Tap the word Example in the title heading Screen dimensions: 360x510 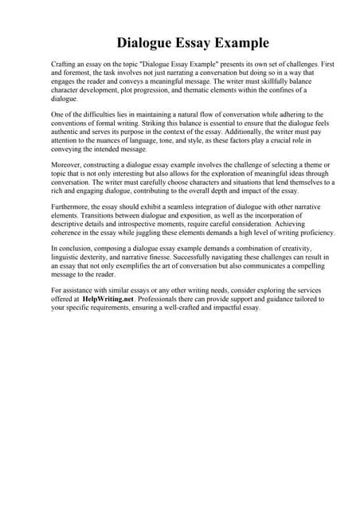tap(241, 42)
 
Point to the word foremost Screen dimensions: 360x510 tap(76, 71)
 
